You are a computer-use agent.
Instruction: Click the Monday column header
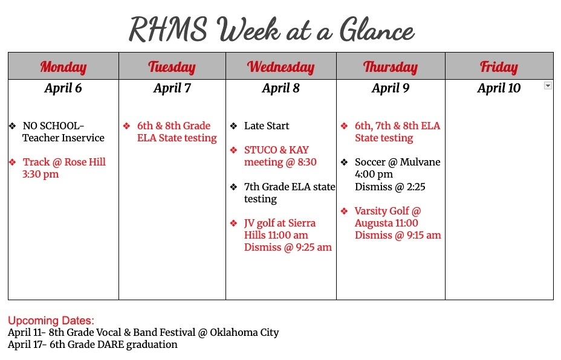pyautogui.click(x=63, y=66)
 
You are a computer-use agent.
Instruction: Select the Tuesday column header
pyautogui.click(x=172, y=66)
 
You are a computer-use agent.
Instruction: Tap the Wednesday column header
pyautogui.click(x=280, y=66)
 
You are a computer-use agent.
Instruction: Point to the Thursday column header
pyautogui.click(x=390, y=66)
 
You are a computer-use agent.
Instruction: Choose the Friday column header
pyautogui.click(x=499, y=66)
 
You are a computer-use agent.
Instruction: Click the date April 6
pyautogui.click(x=63, y=88)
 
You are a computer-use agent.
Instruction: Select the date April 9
pyautogui.click(x=390, y=88)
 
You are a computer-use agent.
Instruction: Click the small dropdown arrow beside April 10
pyautogui.click(x=548, y=86)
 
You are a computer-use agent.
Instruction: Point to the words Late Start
pyautogui.click(x=267, y=126)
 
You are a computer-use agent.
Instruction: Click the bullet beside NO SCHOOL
pyautogui.click(x=12, y=126)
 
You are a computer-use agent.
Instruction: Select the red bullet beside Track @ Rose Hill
pyautogui.click(x=12, y=162)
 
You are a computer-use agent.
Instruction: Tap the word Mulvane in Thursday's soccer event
pyautogui.click(x=420, y=162)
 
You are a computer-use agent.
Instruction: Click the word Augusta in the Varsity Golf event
pyautogui.click(x=375, y=223)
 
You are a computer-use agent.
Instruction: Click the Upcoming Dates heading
pyautogui.click(x=51, y=320)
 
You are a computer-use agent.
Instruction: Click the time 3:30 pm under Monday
pyautogui.click(x=41, y=174)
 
